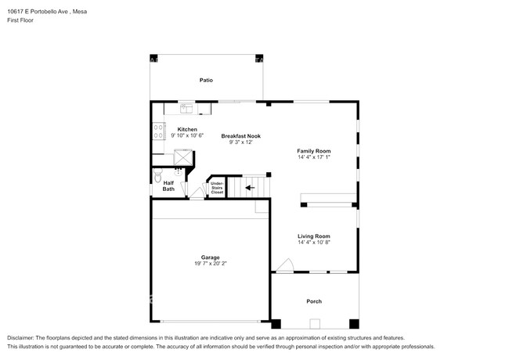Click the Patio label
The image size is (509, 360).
coord(206,80)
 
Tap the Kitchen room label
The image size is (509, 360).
coord(187,129)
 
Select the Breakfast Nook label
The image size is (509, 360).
coord(241,136)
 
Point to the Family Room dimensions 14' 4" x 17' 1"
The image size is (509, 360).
coord(314,157)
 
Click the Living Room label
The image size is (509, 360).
coord(314,236)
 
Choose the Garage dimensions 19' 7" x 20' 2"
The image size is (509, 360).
coord(211,264)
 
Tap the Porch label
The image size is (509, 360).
coord(314,301)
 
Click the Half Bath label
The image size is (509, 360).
coord(168,185)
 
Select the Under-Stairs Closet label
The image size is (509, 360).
coord(217,188)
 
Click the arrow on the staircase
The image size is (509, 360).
coord(250,188)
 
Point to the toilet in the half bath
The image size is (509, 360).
coord(157,175)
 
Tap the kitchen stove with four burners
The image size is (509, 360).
coord(159,131)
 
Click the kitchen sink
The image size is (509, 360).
coord(186,108)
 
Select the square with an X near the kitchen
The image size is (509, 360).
coord(183,157)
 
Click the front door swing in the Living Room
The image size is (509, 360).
coord(285,265)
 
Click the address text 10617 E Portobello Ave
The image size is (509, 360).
coord(38,12)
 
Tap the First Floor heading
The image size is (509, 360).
coord(20,20)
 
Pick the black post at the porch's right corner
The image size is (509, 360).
coord(354,324)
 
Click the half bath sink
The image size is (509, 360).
coord(178,171)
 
